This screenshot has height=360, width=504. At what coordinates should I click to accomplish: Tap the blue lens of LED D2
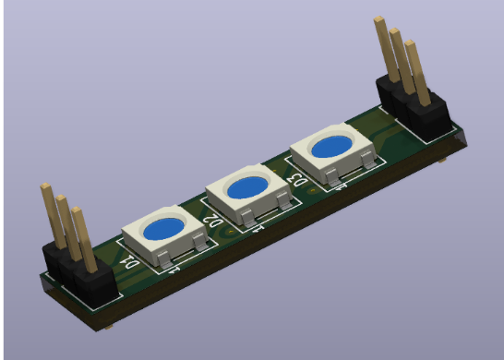247,187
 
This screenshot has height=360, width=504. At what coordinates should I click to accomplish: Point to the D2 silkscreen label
212,221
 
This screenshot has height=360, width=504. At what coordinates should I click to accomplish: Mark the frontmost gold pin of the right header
416,73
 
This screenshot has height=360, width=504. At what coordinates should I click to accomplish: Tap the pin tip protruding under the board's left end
110,326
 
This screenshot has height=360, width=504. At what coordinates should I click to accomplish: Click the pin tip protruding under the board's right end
445,161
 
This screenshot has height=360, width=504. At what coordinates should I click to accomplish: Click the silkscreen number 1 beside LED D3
342,186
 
